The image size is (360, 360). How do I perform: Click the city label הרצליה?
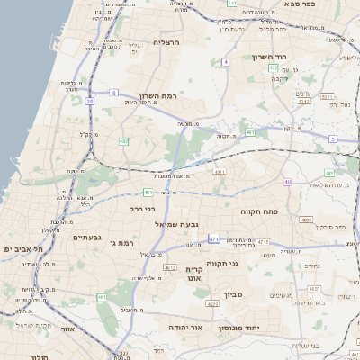coord(167,42)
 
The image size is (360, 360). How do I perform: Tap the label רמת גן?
coord(119,243)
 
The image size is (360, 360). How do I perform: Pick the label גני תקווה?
coord(246,264)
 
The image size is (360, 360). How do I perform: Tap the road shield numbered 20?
coord(90,102)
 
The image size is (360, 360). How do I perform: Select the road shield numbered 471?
coord(213,239)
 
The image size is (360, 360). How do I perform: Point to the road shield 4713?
coord(263,241)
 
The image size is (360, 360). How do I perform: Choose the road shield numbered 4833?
coord(306,219)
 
